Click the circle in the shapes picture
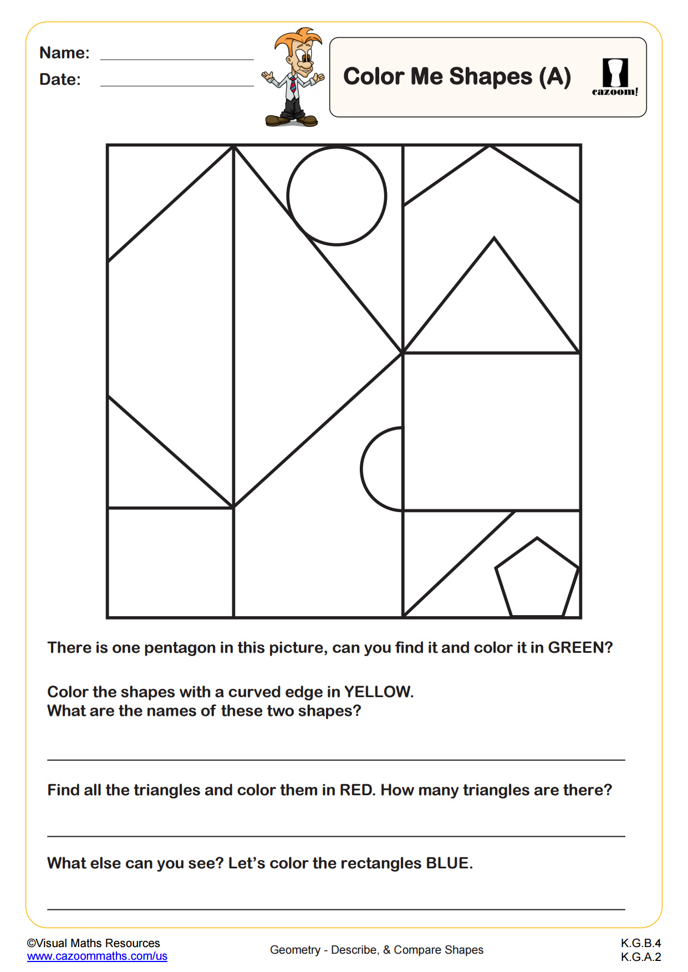pos(337,196)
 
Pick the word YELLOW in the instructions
pos(378,692)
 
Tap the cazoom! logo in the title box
pos(615,77)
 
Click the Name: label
pos(64,53)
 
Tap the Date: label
pos(60,79)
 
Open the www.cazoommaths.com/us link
pos(97,956)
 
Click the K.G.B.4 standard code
pos(640,943)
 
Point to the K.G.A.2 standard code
pos(640,956)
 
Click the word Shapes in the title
pos(491,76)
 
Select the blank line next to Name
pos(177,56)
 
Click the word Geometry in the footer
pos(294,950)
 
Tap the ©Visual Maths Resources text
pos(93,943)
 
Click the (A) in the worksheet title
pos(555,76)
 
